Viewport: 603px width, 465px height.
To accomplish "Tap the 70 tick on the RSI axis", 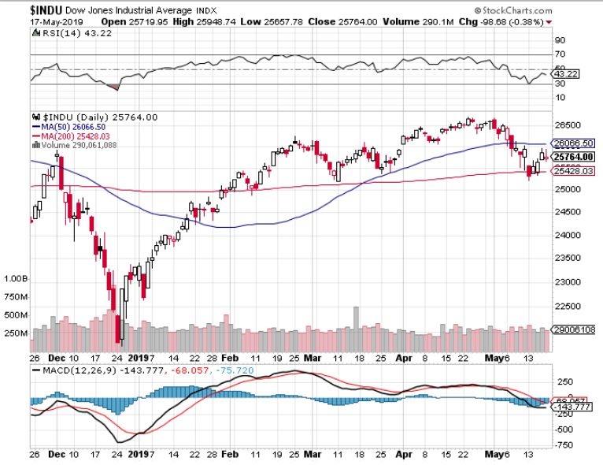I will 560,54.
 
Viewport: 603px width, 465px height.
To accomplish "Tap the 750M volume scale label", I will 16,296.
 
